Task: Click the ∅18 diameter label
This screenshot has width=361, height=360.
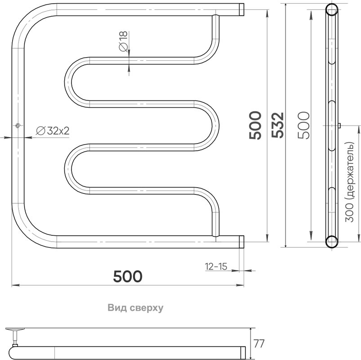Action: pos(123,41)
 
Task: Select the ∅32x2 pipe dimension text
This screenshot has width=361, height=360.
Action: pos(53,131)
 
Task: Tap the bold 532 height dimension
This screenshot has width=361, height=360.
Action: pos(277,125)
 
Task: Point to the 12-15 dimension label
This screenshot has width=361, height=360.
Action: pos(216,266)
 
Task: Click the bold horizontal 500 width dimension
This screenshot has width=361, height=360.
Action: pos(128,276)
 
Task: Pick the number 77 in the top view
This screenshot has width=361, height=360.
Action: pos(259,344)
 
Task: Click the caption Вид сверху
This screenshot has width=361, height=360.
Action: pos(135,308)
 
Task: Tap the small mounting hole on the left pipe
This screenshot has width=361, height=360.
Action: pos(18,126)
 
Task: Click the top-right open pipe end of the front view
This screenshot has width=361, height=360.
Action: pos(241,10)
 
